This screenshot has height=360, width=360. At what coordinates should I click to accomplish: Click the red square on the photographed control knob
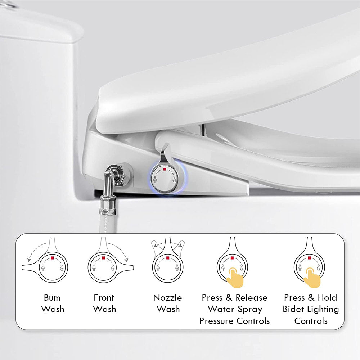(x=165, y=168)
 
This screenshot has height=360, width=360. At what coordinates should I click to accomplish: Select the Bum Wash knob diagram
(x=52, y=266)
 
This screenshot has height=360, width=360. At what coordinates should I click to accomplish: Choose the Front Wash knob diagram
(x=103, y=266)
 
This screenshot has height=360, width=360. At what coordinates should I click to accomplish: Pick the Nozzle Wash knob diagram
(x=167, y=266)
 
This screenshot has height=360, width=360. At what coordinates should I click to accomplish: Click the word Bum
(x=52, y=298)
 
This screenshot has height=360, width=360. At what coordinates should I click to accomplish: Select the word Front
(x=104, y=298)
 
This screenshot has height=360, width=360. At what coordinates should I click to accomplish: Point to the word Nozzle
(x=167, y=298)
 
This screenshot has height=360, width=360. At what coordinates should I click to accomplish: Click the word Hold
(x=327, y=298)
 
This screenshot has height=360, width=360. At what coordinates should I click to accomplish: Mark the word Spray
(x=250, y=309)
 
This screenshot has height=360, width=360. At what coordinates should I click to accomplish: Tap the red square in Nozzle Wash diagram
(x=167, y=258)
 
